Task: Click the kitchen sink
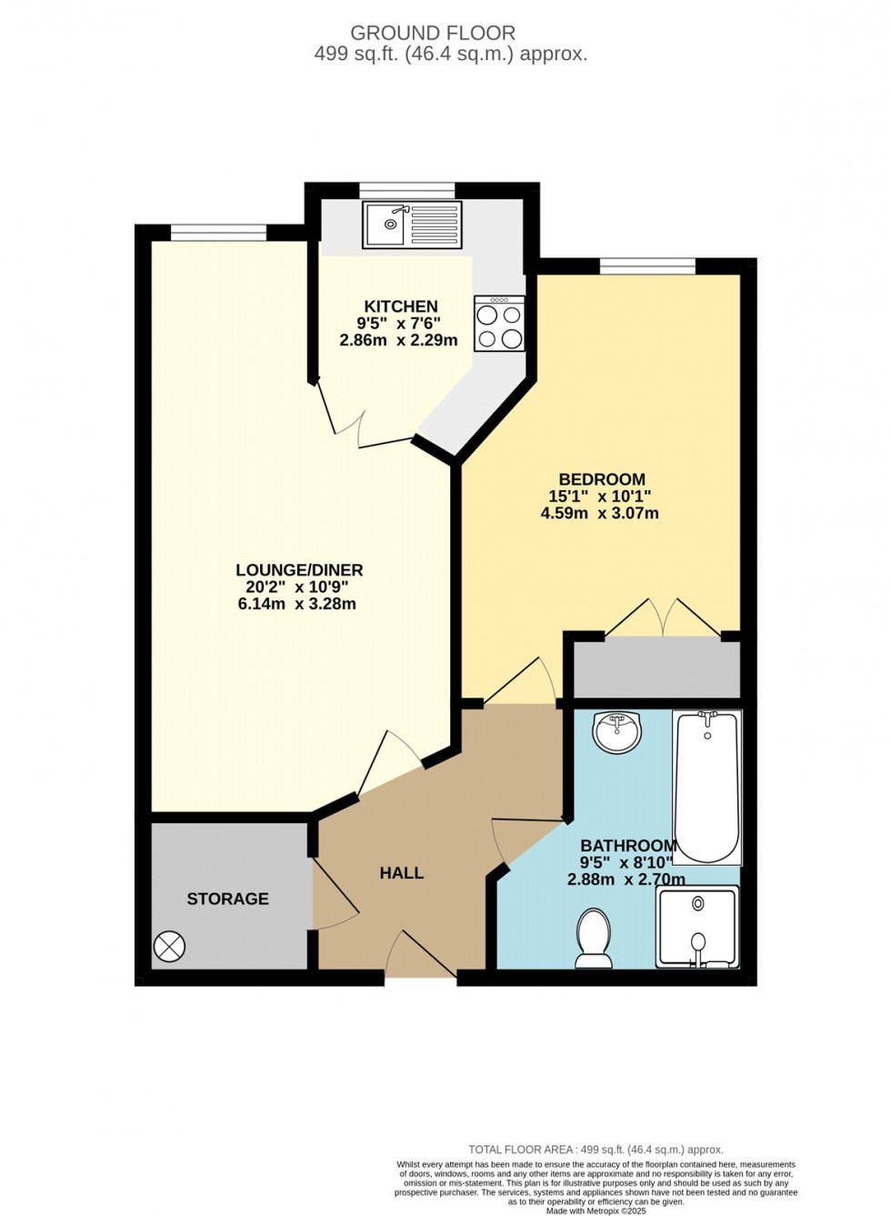click(x=412, y=224)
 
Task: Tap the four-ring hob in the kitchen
click(x=499, y=324)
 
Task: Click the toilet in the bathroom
click(x=594, y=938)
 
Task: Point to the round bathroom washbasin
click(x=616, y=731)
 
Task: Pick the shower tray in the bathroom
click(x=697, y=927)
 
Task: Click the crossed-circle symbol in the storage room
click(x=169, y=947)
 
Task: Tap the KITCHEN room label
click(x=401, y=307)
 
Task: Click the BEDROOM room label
click(x=602, y=479)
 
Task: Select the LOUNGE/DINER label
click(x=299, y=570)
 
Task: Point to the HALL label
click(x=402, y=873)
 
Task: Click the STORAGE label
click(x=227, y=899)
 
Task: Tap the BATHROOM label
click(x=628, y=846)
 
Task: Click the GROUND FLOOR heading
click(x=433, y=33)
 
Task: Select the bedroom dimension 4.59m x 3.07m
click(x=600, y=513)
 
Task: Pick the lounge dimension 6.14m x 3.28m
click(x=297, y=604)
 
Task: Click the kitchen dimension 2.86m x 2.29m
click(x=398, y=340)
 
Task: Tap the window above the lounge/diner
click(x=218, y=234)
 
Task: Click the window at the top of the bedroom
click(x=647, y=266)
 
